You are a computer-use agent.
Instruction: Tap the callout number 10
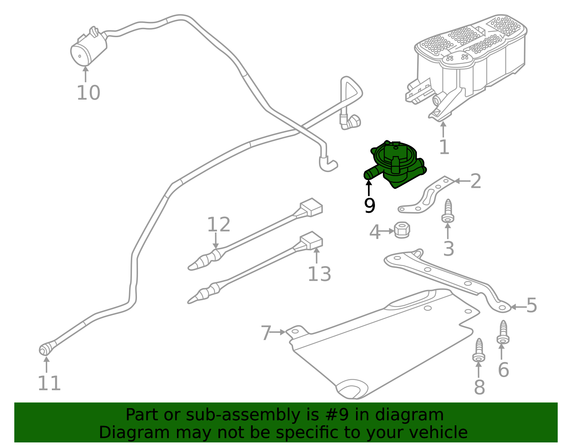[88, 93]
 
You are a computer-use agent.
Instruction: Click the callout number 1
[444, 147]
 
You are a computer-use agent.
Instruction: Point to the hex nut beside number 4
[402, 230]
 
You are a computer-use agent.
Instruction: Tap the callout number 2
[475, 181]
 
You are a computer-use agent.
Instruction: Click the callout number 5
[532, 306]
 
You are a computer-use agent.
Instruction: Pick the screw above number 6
[503, 332]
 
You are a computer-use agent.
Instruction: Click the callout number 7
[266, 333]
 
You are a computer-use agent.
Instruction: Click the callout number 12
[218, 225]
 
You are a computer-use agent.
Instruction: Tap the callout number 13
[319, 274]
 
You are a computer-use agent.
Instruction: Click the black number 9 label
[370, 205]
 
